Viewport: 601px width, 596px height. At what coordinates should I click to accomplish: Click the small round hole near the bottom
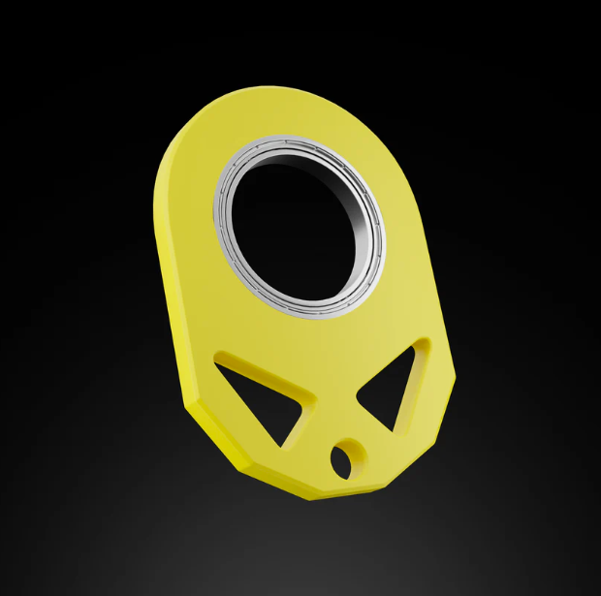[x=343, y=458]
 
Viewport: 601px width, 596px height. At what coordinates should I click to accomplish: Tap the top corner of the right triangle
[x=423, y=345]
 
